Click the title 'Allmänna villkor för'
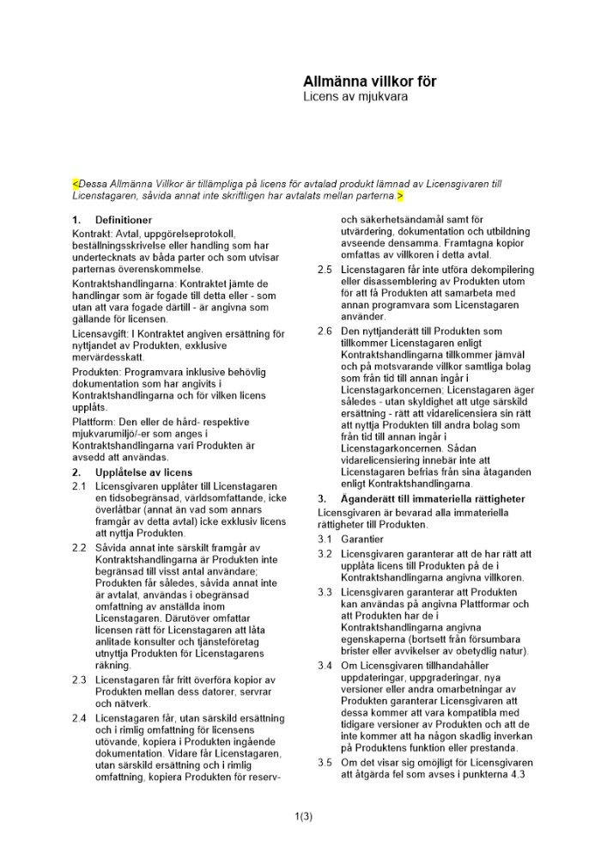point(369,82)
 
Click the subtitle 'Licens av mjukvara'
point(355,97)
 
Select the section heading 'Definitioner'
point(124,220)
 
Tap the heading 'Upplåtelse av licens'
point(143,472)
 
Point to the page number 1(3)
point(303,816)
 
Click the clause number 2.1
point(80,486)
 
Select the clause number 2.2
point(80,547)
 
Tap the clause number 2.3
point(80,680)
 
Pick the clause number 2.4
point(80,717)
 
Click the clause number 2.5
point(325,270)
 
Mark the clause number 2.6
point(325,331)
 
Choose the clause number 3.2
point(325,554)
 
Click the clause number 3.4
point(325,666)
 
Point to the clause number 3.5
point(325,762)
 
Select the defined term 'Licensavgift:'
point(100,334)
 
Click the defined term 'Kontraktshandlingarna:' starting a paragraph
point(125,283)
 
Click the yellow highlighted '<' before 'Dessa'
point(76,184)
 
